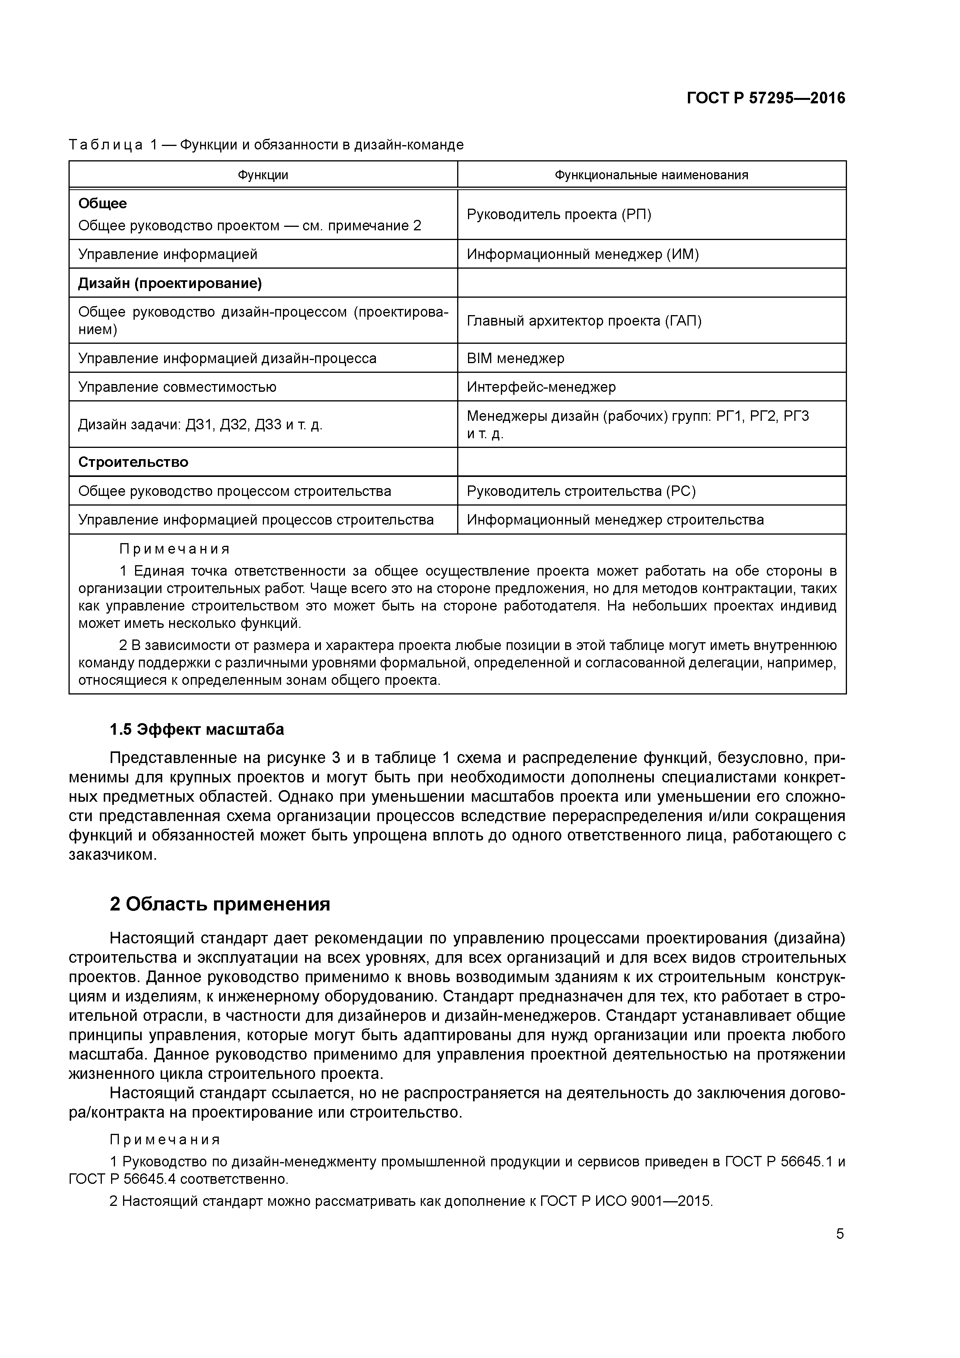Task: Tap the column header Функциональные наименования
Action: [651, 175]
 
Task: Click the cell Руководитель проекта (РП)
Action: [559, 214]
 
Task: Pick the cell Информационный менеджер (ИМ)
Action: [583, 254]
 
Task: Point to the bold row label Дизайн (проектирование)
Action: [170, 283]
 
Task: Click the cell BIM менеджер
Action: [515, 358]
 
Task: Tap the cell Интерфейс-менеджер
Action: [541, 388]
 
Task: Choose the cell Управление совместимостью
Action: [177, 388]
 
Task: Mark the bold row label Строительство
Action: [133, 462]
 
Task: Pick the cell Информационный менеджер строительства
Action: [615, 520]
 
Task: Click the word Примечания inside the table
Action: [175, 549]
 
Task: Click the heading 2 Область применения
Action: [219, 904]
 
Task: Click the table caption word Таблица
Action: [105, 145]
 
